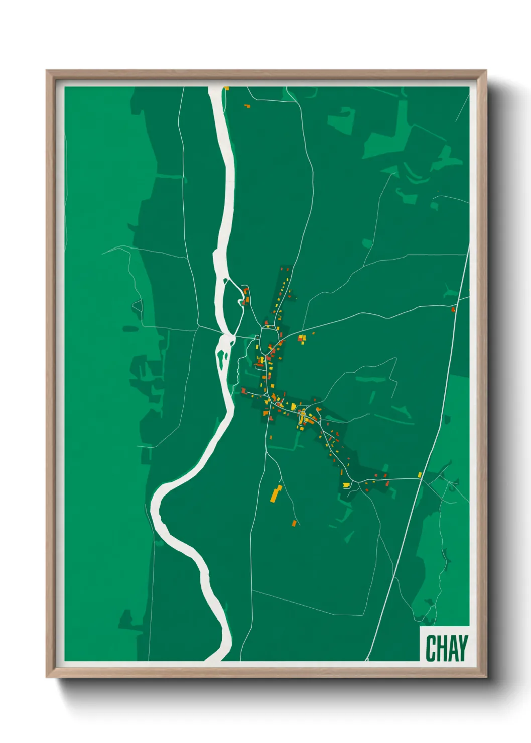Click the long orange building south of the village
(276, 493)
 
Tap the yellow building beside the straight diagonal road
(420, 475)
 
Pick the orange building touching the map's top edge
(226, 88)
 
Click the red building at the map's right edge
(453, 309)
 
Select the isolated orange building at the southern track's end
(295, 523)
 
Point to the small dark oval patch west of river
(130, 329)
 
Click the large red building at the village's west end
(244, 390)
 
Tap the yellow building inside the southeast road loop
(346, 484)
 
